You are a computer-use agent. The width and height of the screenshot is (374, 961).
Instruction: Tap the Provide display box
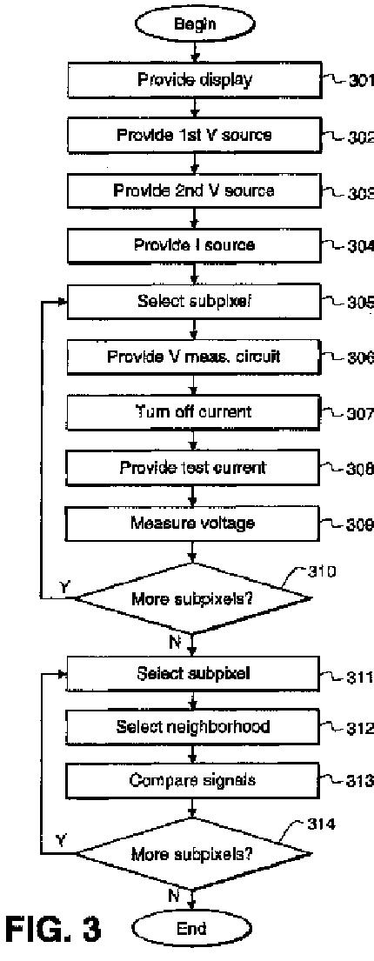pyautogui.click(x=193, y=80)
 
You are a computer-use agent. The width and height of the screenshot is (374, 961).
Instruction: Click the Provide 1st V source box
pyautogui.click(x=193, y=136)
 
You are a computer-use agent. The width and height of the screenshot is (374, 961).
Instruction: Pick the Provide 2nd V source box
pyautogui.click(x=193, y=190)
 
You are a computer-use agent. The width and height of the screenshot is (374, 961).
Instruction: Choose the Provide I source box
pyautogui.click(x=193, y=246)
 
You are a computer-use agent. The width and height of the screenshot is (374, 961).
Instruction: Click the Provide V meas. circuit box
pyautogui.click(x=193, y=356)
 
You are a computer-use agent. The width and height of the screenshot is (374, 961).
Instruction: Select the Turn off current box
pyautogui.click(x=193, y=411)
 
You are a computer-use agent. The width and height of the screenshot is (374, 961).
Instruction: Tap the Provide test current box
pyautogui.click(x=193, y=468)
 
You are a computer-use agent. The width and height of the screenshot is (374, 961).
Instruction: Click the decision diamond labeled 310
pyautogui.click(x=193, y=598)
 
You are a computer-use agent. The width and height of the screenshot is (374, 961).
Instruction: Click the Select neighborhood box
pyautogui.click(x=193, y=727)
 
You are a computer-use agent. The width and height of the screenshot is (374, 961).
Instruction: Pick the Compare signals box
pyautogui.click(x=193, y=782)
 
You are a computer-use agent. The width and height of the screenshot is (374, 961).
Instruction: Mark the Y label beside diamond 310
pyautogui.click(x=63, y=586)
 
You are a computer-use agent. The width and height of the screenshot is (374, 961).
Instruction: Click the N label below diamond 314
pyautogui.click(x=174, y=897)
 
